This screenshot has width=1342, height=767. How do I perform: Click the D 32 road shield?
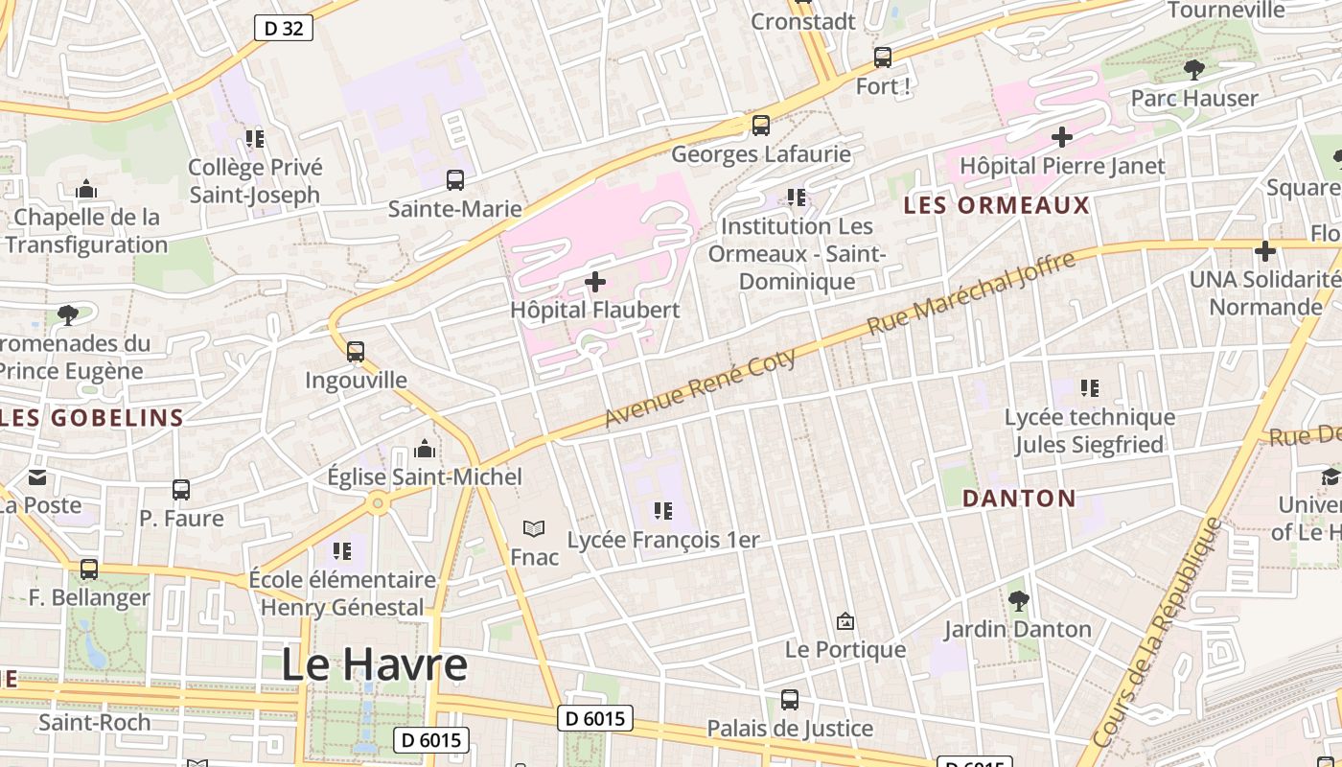coord(284,28)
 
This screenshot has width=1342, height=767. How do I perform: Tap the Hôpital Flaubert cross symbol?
coord(595,282)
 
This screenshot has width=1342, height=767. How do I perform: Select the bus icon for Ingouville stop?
coord(356,352)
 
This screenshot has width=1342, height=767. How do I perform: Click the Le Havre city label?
coord(375,664)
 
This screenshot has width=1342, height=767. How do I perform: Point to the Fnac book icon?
coord(534,528)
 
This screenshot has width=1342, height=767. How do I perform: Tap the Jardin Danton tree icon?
coord(1018,601)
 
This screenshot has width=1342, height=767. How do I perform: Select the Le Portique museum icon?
coord(845,621)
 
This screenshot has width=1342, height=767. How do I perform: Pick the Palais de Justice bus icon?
coord(790,700)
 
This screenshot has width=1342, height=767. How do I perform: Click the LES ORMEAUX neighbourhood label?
coord(997,205)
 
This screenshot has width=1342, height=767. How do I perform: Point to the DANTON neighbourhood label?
coord(1019,499)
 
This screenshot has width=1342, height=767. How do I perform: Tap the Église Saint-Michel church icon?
coord(425,449)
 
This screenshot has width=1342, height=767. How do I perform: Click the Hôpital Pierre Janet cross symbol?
coord(1062,137)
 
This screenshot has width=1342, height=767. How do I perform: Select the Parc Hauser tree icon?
coord(1193,69)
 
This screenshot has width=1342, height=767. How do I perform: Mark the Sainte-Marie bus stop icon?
coord(455,179)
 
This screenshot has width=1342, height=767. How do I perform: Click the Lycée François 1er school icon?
coord(662,511)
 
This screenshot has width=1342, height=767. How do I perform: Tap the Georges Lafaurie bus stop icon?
coord(761,125)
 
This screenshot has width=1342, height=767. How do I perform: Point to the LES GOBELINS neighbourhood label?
coord(92,418)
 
